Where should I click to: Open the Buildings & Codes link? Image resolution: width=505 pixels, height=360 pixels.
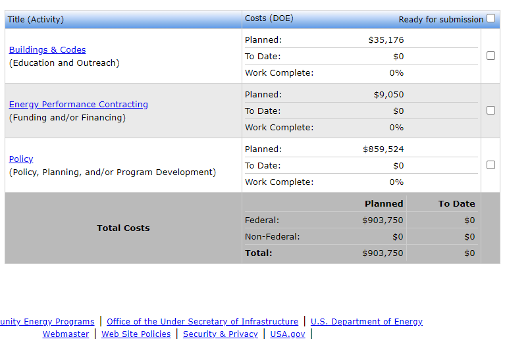click(x=47, y=50)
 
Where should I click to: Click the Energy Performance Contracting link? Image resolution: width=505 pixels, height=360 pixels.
click(x=78, y=105)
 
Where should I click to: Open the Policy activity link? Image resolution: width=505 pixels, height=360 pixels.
click(x=21, y=159)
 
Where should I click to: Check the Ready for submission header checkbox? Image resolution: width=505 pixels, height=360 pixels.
click(x=491, y=18)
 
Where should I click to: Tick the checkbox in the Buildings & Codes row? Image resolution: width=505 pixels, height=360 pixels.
click(x=491, y=56)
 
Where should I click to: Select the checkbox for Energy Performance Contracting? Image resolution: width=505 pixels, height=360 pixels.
click(x=491, y=111)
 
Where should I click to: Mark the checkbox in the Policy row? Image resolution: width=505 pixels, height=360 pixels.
click(x=491, y=165)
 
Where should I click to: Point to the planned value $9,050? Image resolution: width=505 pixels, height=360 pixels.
click(x=388, y=95)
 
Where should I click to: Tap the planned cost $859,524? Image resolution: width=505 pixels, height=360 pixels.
click(x=383, y=149)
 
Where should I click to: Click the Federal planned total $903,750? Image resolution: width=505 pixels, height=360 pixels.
click(x=383, y=220)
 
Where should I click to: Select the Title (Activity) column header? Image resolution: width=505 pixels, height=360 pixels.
click(x=36, y=20)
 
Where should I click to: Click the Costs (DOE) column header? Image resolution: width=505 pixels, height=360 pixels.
click(x=269, y=18)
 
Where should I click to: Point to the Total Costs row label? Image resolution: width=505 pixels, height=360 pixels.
click(x=123, y=228)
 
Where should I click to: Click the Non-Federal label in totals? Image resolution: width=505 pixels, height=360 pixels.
click(x=272, y=237)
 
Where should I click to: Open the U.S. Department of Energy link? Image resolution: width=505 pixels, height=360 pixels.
click(x=366, y=322)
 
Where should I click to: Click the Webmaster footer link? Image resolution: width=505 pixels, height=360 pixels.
click(x=66, y=334)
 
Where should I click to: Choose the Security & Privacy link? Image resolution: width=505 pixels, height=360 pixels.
click(x=221, y=334)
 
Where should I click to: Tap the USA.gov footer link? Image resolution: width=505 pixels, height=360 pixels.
click(x=288, y=334)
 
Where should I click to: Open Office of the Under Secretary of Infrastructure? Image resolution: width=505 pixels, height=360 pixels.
click(x=202, y=322)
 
